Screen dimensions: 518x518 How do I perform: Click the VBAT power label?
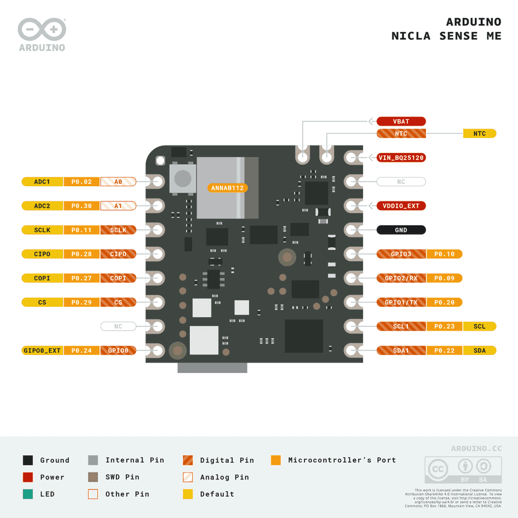tap(401, 122)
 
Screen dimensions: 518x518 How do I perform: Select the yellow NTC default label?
tap(479, 134)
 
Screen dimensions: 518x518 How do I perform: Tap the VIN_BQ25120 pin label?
tap(401, 158)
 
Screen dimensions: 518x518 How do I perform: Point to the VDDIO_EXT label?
tap(401, 206)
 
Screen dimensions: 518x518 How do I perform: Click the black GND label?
tap(401, 230)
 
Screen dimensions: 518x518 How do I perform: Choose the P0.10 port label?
tap(445, 254)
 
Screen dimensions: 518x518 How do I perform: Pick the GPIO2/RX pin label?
tap(401, 278)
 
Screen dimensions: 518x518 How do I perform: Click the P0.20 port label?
tap(445, 302)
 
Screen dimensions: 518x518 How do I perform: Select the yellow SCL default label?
tap(479, 327)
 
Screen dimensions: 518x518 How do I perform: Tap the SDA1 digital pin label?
tap(401, 350)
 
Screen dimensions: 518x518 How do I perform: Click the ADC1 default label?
tap(42, 182)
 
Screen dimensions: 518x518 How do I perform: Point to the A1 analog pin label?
tap(118, 206)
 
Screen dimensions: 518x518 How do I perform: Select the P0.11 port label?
tap(81, 230)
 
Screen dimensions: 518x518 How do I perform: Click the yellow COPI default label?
tap(42, 278)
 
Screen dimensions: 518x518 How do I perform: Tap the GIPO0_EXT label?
tap(42, 350)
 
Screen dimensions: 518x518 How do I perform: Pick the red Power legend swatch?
tap(28, 477)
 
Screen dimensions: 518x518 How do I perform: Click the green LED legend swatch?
tap(28, 494)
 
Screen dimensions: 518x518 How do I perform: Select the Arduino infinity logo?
tap(41, 29)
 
